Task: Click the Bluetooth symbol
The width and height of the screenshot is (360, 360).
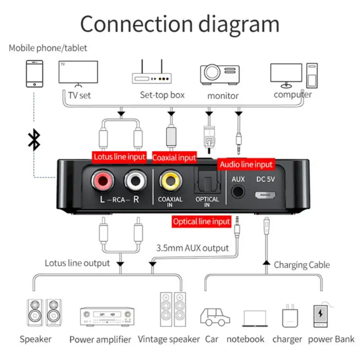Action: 34,140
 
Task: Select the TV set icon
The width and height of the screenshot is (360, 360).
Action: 78,73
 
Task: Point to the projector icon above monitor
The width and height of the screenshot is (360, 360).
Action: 219,75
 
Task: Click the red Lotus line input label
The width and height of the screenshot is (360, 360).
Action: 119,157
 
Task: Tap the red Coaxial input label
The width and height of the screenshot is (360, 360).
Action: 175,157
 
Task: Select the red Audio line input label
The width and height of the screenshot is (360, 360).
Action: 247,164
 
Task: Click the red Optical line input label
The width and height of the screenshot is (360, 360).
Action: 202,221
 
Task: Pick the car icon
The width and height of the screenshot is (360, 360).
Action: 215,317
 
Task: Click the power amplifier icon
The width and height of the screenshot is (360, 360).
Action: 107,317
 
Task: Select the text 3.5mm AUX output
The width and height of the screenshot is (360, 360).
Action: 193,248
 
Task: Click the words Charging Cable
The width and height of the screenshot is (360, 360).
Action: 301,265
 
